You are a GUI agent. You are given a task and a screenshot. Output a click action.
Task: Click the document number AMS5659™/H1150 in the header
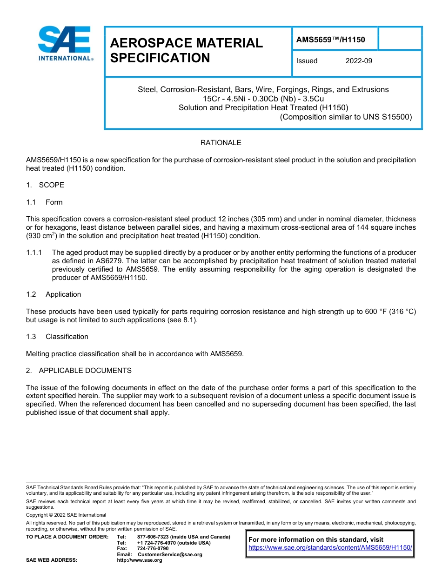point(330,40)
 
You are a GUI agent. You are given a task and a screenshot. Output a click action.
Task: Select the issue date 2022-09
point(359,61)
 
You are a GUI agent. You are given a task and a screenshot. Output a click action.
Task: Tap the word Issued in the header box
point(307,61)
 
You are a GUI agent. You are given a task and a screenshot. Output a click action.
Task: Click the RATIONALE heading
point(221,143)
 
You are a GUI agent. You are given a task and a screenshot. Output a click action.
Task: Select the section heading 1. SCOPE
point(45,185)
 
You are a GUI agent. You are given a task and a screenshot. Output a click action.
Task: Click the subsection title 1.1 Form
point(45,202)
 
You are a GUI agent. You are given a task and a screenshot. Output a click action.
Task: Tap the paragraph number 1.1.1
point(34,253)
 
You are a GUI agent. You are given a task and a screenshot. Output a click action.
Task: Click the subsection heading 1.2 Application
point(54,294)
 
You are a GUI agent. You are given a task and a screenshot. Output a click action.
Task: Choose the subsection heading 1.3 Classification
point(57,337)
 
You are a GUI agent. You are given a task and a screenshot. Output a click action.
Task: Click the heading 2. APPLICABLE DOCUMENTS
point(79,371)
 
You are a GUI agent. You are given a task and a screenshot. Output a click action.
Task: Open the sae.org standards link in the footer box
point(330,548)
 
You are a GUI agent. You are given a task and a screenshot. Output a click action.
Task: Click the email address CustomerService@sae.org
point(170,554)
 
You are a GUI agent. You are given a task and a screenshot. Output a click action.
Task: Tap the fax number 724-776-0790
point(153,549)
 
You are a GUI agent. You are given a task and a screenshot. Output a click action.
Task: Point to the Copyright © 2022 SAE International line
point(66,515)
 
